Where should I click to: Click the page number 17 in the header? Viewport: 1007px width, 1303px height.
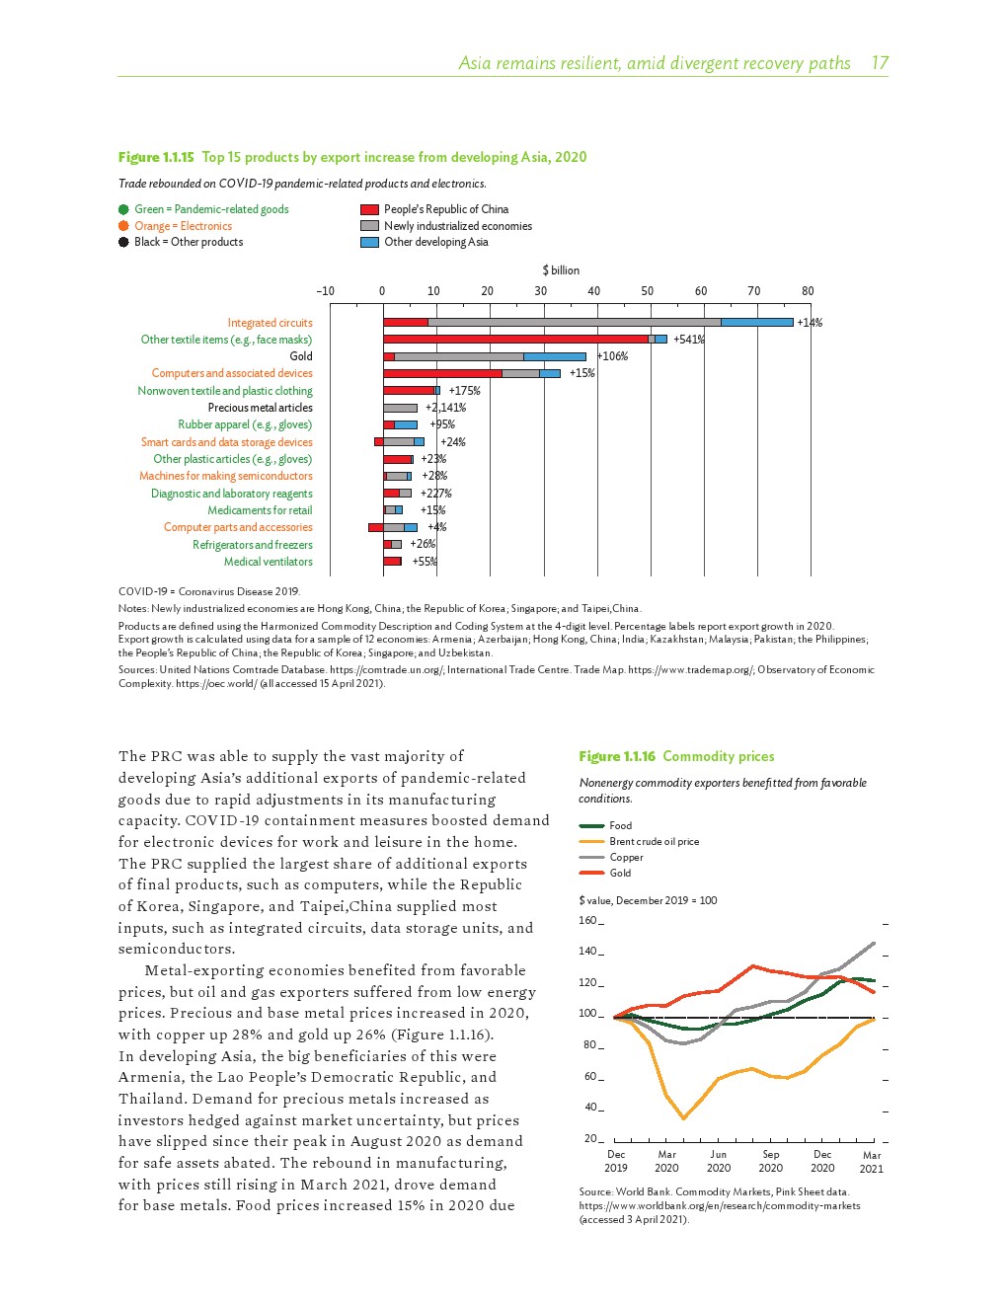(x=879, y=63)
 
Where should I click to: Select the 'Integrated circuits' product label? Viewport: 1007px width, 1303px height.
(x=270, y=323)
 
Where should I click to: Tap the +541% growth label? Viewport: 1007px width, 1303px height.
(x=688, y=340)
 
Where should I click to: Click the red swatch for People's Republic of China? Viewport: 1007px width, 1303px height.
(x=369, y=209)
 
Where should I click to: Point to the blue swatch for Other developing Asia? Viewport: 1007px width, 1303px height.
(x=369, y=242)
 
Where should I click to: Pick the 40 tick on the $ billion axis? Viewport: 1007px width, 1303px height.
(x=593, y=291)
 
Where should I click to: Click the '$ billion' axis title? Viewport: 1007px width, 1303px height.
(x=561, y=270)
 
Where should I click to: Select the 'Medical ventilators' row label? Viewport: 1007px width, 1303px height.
(x=268, y=562)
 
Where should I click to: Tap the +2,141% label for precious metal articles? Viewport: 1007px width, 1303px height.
(x=445, y=408)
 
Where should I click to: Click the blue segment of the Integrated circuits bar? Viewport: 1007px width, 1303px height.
(x=756, y=323)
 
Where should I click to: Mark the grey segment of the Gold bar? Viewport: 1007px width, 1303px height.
(x=458, y=356)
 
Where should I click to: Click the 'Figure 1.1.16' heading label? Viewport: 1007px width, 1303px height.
(x=617, y=756)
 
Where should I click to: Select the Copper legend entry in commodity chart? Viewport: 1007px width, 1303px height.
(x=625, y=857)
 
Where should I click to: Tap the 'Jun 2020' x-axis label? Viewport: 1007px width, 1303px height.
(x=719, y=1161)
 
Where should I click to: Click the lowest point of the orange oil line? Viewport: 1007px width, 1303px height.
(x=683, y=1117)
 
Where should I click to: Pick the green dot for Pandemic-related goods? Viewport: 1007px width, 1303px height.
(x=123, y=209)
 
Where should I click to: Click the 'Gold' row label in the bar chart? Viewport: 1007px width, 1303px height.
(x=301, y=356)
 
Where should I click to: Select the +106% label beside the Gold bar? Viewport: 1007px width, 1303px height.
(x=612, y=356)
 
